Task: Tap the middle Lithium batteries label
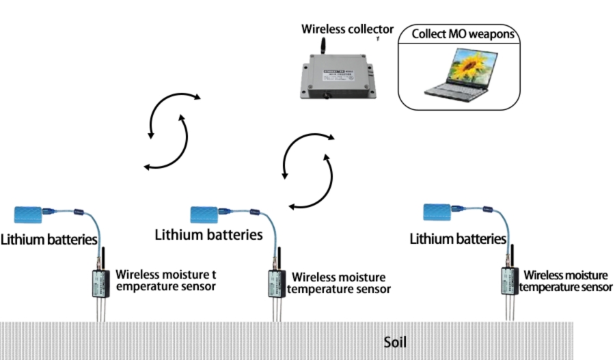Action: (208, 235)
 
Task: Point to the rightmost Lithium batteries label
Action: (457, 239)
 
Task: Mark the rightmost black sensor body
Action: (508, 282)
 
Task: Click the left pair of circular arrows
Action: (169, 130)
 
